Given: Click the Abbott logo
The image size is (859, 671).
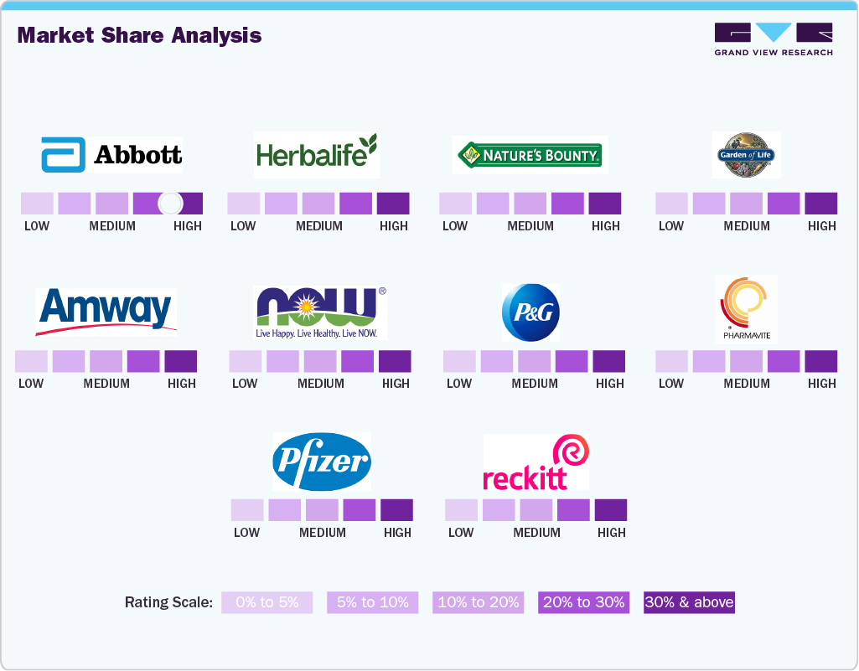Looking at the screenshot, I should click(x=111, y=154).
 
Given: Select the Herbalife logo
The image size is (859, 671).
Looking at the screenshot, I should click(x=317, y=154).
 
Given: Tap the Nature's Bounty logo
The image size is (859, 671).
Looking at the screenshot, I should click(x=530, y=154).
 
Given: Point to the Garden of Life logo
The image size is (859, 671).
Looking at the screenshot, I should click(x=746, y=154).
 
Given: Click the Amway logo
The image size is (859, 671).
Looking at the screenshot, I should click(x=106, y=311).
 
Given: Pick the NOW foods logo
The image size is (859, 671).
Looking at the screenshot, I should click(x=320, y=312).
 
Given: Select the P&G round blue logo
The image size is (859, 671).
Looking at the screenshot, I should click(x=530, y=312).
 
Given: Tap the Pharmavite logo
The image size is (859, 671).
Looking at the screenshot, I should click(x=746, y=308).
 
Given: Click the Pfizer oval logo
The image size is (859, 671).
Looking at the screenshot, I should click(x=322, y=462).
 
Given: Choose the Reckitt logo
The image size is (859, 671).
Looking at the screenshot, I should click(x=536, y=462).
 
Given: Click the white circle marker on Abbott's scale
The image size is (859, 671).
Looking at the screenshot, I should click(x=170, y=204).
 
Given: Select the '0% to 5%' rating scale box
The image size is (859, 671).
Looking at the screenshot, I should click(x=266, y=602).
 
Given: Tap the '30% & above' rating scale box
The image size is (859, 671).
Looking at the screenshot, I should click(x=689, y=602).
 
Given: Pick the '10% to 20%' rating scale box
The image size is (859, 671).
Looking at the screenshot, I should click(x=479, y=602).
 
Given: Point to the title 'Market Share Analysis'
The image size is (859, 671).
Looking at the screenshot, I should click(x=139, y=35).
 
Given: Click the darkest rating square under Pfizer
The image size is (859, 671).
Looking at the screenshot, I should click(x=396, y=510).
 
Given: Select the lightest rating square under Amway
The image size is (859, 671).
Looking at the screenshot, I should click(x=31, y=361).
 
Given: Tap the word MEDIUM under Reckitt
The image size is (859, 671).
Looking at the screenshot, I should click(x=536, y=533).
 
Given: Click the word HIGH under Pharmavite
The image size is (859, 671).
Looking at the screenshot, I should click(x=821, y=384).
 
